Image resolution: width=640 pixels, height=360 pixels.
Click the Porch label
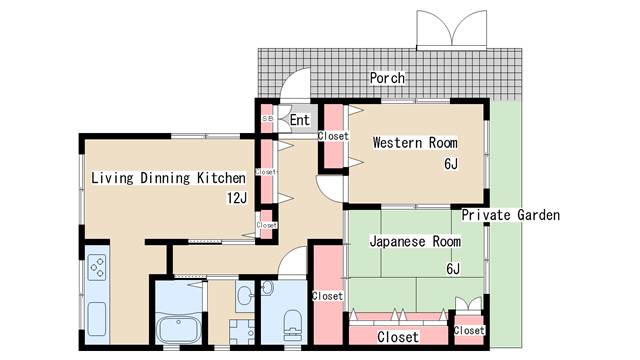(x=387, y=78)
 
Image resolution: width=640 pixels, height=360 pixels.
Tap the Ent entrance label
(x=300, y=120)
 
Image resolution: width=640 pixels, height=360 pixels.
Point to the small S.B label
(x=267, y=118)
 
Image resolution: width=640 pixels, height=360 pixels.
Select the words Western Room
(x=415, y=143)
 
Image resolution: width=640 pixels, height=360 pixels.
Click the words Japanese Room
(x=415, y=241)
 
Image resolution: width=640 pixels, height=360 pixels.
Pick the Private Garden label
(x=511, y=215)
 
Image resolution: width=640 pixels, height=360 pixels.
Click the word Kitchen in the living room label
(x=221, y=178)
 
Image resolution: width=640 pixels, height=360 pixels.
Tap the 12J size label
(x=237, y=198)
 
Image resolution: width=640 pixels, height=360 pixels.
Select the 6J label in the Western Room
(x=451, y=164)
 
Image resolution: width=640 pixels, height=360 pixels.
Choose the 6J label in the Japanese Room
(x=453, y=269)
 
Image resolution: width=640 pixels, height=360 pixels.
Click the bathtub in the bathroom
(x=179, y=329)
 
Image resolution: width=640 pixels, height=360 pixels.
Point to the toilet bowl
(x=292, y=324)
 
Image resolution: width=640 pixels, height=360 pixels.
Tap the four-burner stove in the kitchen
(x=98, y=267)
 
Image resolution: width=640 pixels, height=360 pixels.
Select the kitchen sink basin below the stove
(x=97, y=319)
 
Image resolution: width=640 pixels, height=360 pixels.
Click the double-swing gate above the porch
(x=451, y=29)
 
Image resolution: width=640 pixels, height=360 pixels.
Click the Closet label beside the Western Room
(x=333, y=136)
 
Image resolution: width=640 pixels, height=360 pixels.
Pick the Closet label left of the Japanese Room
(x=327, y=296)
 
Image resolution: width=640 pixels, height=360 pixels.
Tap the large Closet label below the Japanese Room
(x=398, y=337)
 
